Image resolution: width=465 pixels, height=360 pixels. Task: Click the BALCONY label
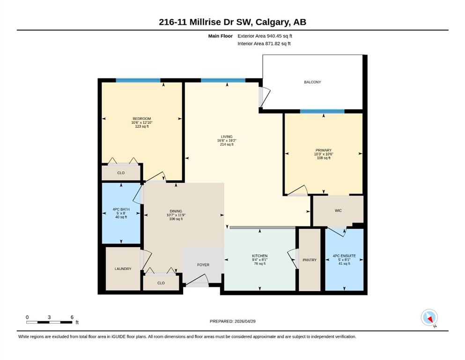coord(312,82)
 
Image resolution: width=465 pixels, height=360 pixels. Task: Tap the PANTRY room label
coord(310,260)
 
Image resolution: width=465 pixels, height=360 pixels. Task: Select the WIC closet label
coord(338,210)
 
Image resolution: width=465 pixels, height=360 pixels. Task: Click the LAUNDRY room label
coord(123,269)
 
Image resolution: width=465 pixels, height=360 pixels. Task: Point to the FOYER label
coord(203,265)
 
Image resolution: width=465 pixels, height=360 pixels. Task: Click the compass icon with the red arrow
coord(429,317)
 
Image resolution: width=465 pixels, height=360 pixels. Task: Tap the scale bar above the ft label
coord(49,322)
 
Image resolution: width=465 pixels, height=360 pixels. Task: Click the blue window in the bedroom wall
coord(138,80)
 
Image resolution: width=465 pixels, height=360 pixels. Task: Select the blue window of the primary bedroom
coord(322,111)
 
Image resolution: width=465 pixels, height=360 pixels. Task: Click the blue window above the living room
coord(223,80)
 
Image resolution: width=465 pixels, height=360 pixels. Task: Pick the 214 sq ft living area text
coord(227,144)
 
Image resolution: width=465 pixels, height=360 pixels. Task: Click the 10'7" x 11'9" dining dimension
coord(176,215)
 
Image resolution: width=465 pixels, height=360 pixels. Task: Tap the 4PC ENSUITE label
coord(344,256)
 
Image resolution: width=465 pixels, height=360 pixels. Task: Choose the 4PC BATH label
coord(121,209)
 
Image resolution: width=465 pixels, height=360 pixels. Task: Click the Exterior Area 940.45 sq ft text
coord(265,36)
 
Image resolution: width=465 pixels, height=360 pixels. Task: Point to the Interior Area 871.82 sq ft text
coord(264,44)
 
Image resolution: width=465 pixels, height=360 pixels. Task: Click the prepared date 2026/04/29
coord(245,321)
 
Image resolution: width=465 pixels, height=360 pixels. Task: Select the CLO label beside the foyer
coord(161,283)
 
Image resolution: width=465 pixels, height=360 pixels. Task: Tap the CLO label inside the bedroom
coord(121,172)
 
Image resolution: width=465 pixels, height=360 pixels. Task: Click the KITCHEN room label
coord(260,256)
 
